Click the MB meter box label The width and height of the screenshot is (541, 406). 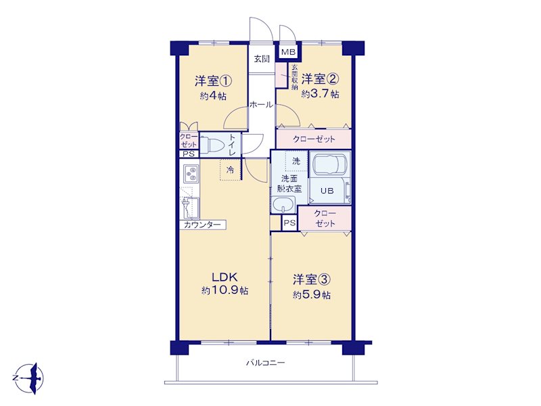[x=288, y=53]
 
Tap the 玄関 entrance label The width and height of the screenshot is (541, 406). [x=262, y=59]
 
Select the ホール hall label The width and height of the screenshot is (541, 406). [x=261, y=105]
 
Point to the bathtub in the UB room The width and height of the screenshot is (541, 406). [x=330, y=164]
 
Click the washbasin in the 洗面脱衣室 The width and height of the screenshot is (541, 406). [x=283, y=205]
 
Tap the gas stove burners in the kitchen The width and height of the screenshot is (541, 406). [x=191, y=174]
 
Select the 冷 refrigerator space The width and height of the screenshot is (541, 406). [x=230, y=170]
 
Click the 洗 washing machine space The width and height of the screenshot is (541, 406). [x=296, y=161]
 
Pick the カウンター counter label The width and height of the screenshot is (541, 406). [x=202, y=225]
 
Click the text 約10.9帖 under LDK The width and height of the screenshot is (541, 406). [x=225, y=291]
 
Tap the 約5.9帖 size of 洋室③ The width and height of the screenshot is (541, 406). [x=312, y=295]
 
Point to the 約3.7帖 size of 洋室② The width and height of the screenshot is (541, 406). [x=320, y=94]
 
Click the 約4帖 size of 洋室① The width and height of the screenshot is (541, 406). [x=213, y=96]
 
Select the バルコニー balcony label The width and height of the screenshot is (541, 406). [x=265, y=363]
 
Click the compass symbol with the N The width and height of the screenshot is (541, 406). [x=28, y=378]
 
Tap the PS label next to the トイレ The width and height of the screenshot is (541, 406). [x=189, y=154]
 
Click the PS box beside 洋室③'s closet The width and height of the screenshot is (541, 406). [x=290, y=223]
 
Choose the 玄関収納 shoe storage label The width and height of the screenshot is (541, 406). [x=294, y=77]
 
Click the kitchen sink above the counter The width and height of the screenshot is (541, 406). [x=190, y=208]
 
